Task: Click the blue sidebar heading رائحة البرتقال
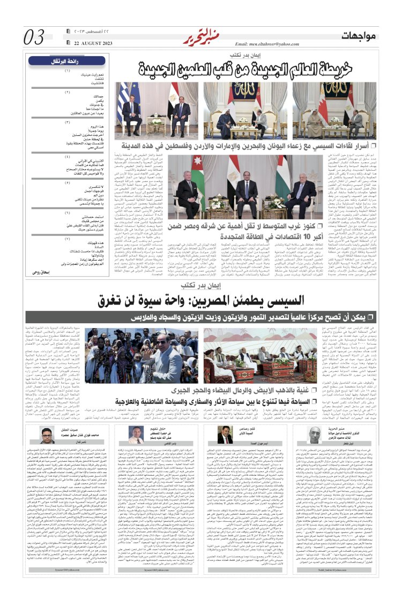pos(67,60)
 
